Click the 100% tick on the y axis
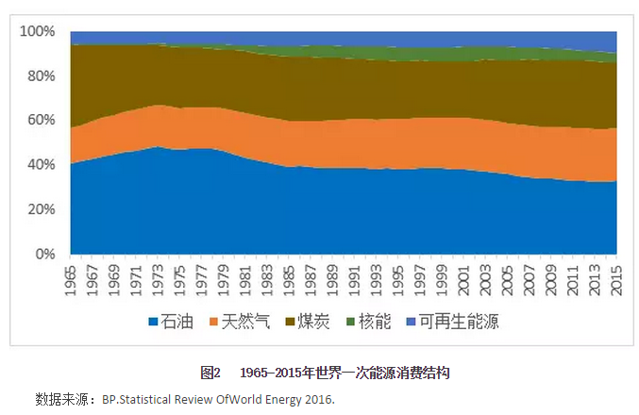pos(41,31)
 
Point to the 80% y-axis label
pos(43,75)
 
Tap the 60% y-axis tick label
pos(43,120)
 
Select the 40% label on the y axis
pos(43,164)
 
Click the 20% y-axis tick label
pos(43,208)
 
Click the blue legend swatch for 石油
pos(153,323)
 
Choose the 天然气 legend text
pos(246,323)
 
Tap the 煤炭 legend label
pos(315,323)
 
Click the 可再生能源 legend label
pos(458,323)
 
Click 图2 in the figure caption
pos(210,373)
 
